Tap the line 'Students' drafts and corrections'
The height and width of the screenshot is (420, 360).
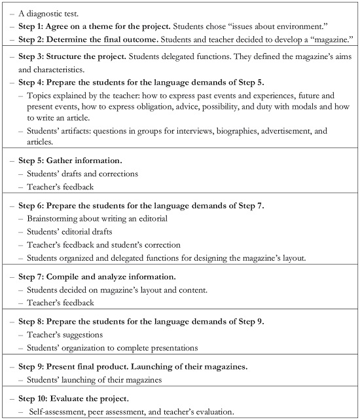coord(84,174)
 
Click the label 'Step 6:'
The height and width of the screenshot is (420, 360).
coord(32,206)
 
